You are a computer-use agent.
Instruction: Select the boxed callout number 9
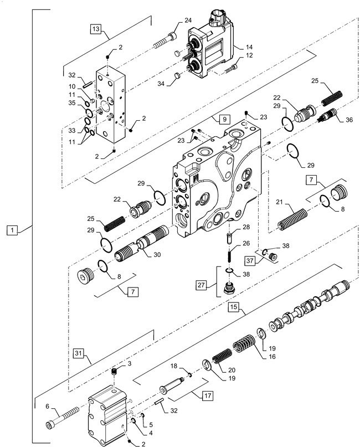tap(222, 119)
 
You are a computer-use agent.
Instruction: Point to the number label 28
tap(246, 227)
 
